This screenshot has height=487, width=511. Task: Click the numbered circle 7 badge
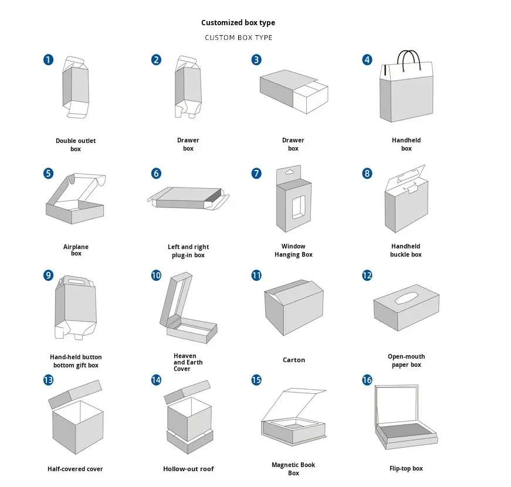tap(256, 173)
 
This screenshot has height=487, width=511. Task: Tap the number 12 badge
tap(367, 275)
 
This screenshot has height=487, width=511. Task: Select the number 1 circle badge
tap(48, 59)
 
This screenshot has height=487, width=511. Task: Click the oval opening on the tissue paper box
tap(406, 298)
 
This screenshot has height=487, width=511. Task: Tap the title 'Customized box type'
tap(238, 23)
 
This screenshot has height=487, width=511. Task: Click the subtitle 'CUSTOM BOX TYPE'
tap(238, 38)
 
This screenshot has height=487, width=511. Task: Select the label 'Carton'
tap(294, 360)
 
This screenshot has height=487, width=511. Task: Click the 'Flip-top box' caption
tap(406, 468)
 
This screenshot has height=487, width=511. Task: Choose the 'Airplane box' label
tap(76, 250)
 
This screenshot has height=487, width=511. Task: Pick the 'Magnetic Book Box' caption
tap(293, 469)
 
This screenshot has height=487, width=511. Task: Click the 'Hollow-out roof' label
tap(188, 469)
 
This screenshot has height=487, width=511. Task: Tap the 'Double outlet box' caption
tap(76, 145)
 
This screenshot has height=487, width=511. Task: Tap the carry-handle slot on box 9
tap(76, 282)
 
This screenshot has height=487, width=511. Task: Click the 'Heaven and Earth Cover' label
tap(185, 362)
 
